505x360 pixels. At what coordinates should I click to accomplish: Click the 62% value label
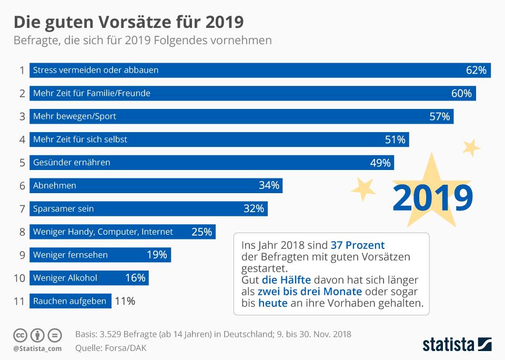[476, 70]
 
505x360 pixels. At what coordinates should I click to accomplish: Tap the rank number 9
[22, 255]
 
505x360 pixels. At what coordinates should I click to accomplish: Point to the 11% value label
[125, 302]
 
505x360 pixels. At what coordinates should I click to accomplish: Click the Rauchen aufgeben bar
[70, 302]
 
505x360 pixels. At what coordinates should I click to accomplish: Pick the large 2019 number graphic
[432, 197]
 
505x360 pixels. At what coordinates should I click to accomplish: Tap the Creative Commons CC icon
[20, 335]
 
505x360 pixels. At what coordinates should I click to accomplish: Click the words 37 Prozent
[358, 245]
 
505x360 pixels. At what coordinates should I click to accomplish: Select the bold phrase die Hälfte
[286, 280]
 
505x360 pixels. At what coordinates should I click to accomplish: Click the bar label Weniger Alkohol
[65, 278]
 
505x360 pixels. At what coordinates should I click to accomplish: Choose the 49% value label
[380, 163]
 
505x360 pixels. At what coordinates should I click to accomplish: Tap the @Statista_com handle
[37, 348]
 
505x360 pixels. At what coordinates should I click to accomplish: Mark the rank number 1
[22, 70]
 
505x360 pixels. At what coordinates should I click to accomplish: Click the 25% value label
[201, 232]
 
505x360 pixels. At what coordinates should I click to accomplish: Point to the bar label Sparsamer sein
[63, 208]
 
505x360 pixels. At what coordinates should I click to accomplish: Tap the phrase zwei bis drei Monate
[309, 292]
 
